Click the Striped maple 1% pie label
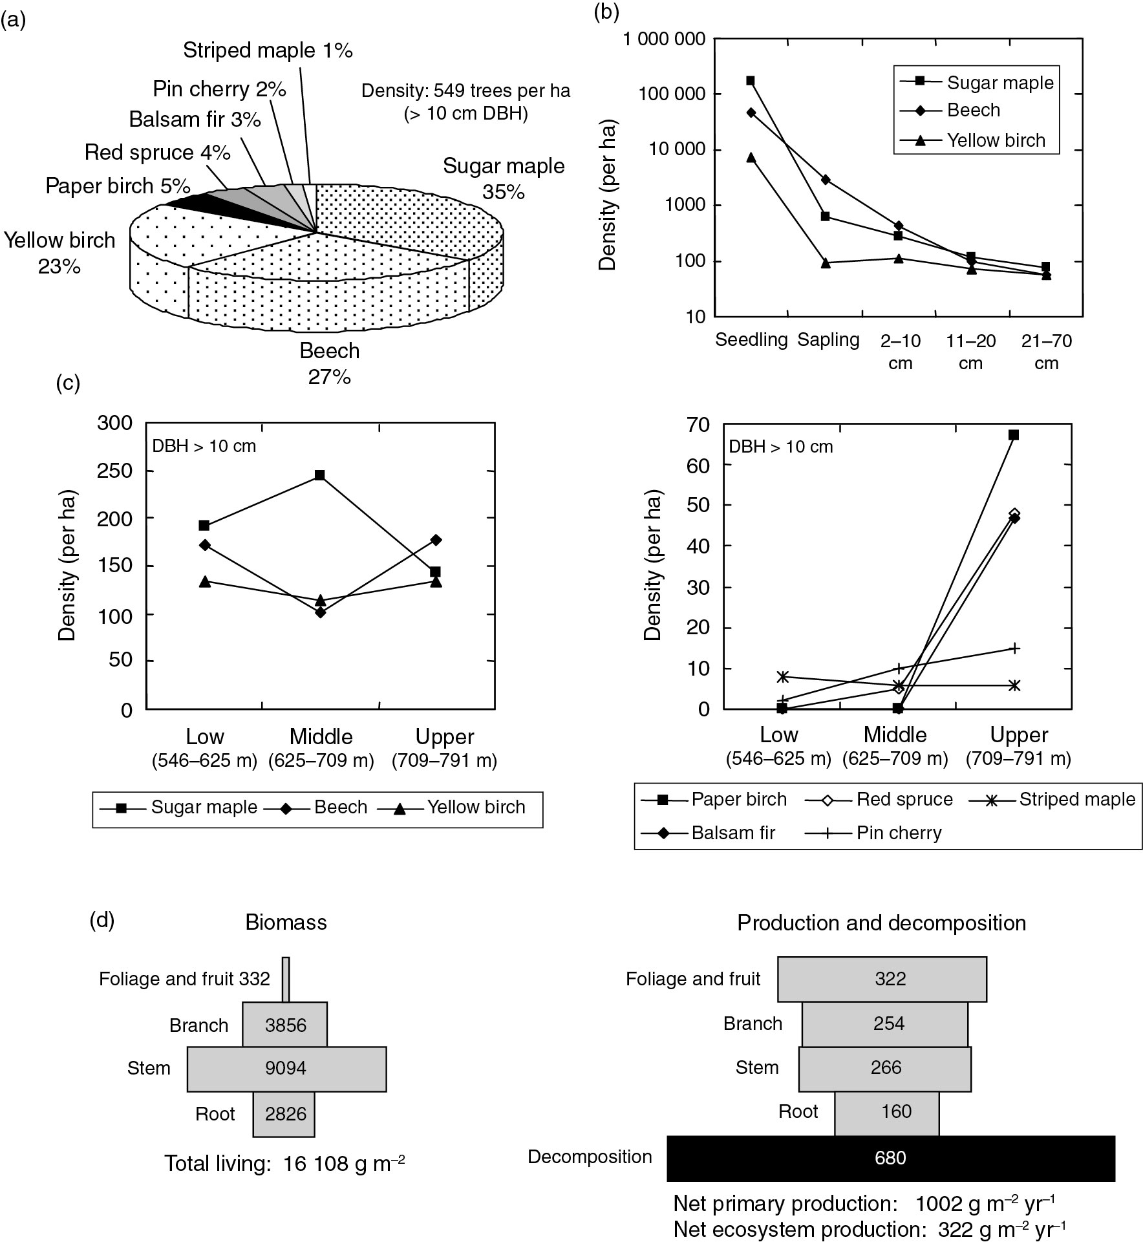[x=268, y=50]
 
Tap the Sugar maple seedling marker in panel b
[x=751, y=81]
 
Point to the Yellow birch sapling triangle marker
[x=826, y=262]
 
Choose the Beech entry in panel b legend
[x=973, y=111]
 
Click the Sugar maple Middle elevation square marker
[x=319, y=475]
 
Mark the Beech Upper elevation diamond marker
[x=436, y=540]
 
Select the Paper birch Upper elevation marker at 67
[x=1014, y=435]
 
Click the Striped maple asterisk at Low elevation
[x=782, y=677]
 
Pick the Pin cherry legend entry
[x=899, y=833]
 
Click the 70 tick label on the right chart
[x=698, y=425]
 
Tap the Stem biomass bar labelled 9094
[x=286, y=1069]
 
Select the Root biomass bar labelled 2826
[x=284, y=1114]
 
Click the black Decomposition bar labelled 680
[x=890, y=1157]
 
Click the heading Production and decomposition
[x=881, y=923]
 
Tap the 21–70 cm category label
[x=1046, y=352]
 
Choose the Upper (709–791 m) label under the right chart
[x=1018, y=746]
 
